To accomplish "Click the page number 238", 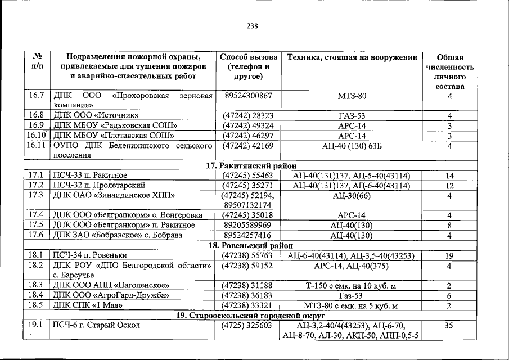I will tap(252, 25).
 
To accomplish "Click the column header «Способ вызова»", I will tap(248, 57).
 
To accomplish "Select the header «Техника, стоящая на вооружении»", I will tap(352, 57).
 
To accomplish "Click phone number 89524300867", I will tap(248, 96).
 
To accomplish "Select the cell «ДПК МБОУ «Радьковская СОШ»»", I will tap(115, 125).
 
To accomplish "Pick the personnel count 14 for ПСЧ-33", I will tap(449, 176).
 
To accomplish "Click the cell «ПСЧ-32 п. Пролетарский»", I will tap(100, 186).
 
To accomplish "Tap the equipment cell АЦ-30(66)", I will tap(352, 196).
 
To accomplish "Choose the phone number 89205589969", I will tap(248, 225).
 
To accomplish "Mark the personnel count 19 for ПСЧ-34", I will tap(449, 256).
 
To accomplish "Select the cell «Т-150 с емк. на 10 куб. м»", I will tap(352, 285).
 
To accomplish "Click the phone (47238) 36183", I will tap(248, 295).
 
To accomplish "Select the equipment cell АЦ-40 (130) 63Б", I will tap(352, 146).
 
